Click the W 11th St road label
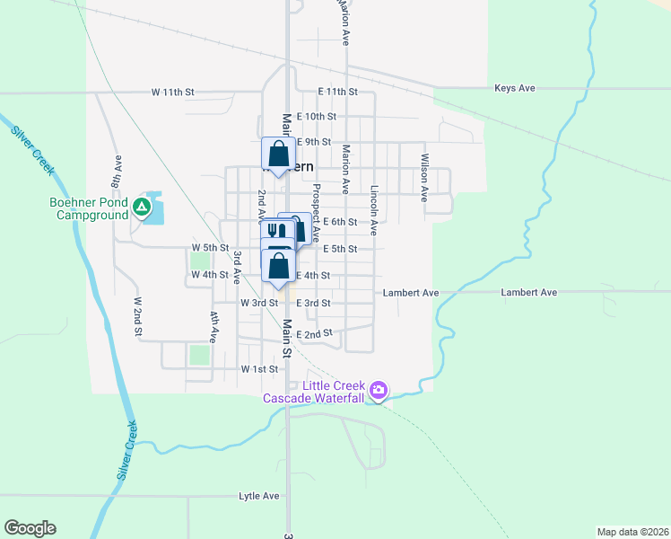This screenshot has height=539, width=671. coord(172,93)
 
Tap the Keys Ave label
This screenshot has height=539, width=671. coord(514,88)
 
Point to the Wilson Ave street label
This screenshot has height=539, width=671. coord(424,178)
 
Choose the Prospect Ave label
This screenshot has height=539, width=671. coord(316,213)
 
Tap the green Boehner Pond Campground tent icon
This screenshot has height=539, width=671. coord(141,208)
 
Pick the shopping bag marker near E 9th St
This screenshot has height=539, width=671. coord(278,154)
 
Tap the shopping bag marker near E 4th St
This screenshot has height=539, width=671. coord(279,266)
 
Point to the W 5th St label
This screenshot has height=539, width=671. coord(211,248)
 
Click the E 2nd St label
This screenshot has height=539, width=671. coord(314,334)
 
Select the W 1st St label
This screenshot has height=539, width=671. coord(260,369)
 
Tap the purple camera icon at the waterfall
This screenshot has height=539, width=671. coord(379,390)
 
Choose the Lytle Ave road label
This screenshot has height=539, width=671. coord(259,496)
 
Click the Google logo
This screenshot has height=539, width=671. coord(30,528)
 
